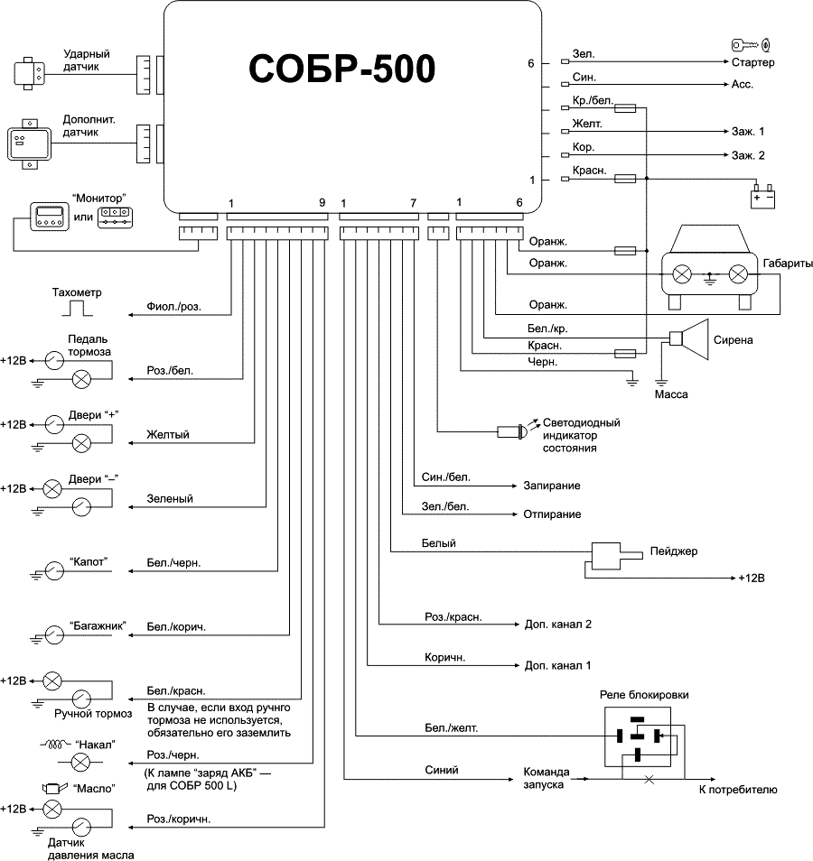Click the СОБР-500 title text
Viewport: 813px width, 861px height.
pos(341,69)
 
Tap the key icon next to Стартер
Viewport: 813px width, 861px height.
pos(750,45)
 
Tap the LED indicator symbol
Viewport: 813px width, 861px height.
pos(512,432)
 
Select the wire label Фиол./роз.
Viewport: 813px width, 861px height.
pos(173,307)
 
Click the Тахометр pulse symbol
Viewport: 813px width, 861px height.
pos(78,308)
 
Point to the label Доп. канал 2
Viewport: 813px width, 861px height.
pos(557,624)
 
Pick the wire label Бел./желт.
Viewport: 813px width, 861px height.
pos(451,727)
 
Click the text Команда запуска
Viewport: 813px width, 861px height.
pos(546,778)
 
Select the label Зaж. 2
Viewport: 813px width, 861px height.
pos(748,155)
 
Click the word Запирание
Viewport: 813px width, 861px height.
pos(551,486)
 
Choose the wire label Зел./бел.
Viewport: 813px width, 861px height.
pos(444,506)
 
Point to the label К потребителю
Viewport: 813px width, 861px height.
pos(738,791)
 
